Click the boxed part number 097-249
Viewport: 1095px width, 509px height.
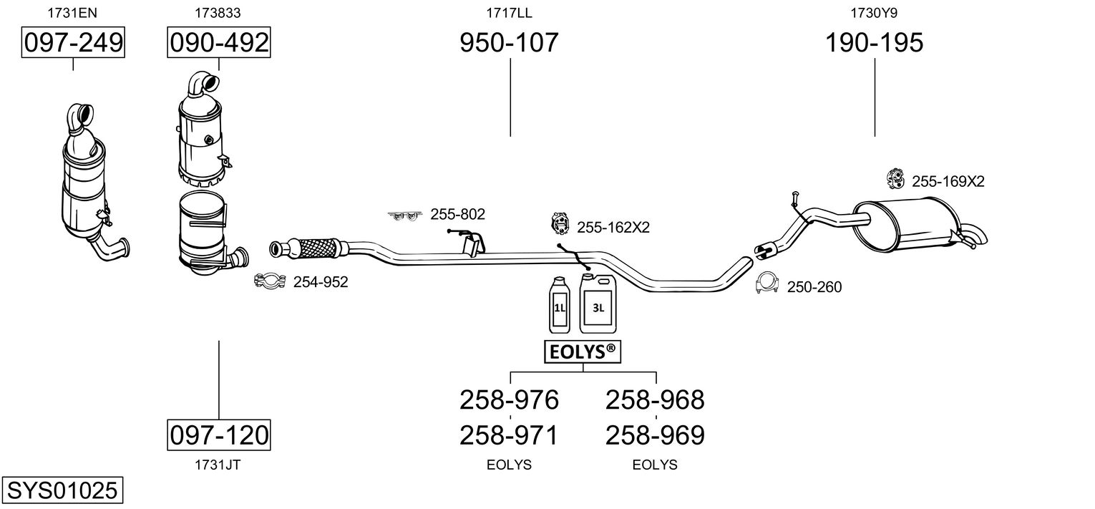click(73, 42)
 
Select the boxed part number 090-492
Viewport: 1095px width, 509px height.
click(219, 42)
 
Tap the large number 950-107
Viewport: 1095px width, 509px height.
click(509, 42)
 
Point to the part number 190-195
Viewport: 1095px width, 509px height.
click(874, 42)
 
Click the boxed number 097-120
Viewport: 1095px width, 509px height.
click(219, 435)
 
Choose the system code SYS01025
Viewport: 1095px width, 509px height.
click(62, 490)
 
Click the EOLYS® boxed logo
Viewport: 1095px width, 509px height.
click(583, 352)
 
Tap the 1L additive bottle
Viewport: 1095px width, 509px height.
click(560, 305)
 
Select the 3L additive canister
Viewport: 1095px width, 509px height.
click(598, 303)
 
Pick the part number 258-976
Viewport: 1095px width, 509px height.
click(509, 400)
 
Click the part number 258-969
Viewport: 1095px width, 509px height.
click(655, 435)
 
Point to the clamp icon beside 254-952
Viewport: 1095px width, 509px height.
click(270, 281)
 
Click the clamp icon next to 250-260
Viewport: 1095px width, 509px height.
click(767, 283)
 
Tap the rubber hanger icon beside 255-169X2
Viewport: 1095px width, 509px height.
click(895, 179)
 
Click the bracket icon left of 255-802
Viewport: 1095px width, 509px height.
click(405, 215)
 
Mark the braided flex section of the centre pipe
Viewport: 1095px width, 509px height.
click(318, 248)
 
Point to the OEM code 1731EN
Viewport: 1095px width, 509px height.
click(72, 13)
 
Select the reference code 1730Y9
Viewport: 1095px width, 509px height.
click(874, 13)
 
